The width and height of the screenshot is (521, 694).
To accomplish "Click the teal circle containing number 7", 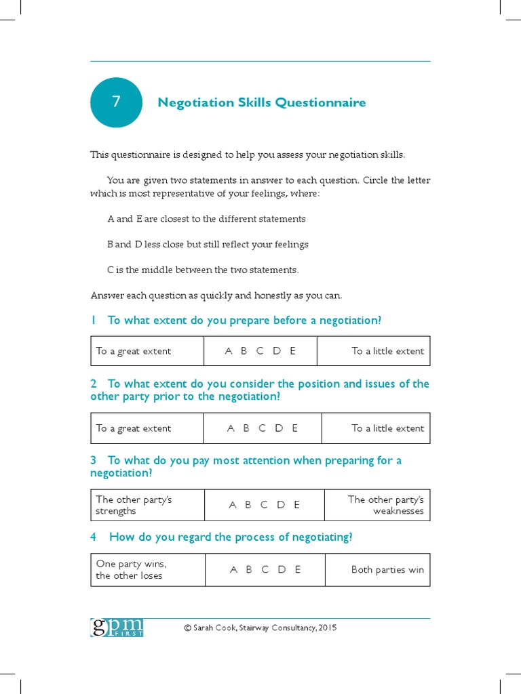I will tap(116, 102).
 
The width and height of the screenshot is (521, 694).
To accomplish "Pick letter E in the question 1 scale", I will tap(292, 351).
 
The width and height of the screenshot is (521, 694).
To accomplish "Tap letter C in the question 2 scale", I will tap(262, 428).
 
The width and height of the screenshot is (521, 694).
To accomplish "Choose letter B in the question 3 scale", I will tap(248, 505).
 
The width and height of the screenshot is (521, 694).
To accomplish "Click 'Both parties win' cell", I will tap(387, 570).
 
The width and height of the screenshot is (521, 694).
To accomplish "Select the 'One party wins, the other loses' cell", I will tap(131, 570).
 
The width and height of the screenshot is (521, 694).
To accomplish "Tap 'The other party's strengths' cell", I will tap(134, 505).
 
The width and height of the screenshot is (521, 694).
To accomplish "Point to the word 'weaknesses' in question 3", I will tap(398, 511).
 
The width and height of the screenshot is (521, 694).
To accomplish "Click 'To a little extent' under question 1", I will tap(387, 351).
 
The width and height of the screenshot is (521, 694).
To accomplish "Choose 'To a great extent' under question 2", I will tap(134, 428).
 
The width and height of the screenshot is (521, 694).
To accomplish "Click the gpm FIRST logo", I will tap(117, 627).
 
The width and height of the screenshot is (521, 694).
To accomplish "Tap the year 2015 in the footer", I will tap(326, 628).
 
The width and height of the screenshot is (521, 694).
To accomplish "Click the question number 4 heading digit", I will tap(94, 537).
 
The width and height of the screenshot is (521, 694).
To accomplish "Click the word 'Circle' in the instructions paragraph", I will tap(377, 180).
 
